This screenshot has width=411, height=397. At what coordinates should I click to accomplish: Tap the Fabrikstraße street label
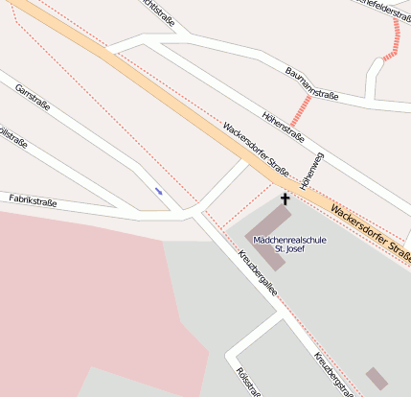click(x=34, y=201)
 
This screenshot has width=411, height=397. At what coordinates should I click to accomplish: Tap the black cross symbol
click(x=284, y=198)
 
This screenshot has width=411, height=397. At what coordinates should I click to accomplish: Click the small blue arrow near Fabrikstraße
click(x=158, y=192)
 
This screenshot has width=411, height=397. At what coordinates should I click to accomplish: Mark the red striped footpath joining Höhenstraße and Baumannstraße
click(x=301, y=108)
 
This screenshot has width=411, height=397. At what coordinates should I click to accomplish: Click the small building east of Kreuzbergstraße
click(x=377, y=378)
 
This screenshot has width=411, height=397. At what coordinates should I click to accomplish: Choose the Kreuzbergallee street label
click(x=257, y=272)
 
